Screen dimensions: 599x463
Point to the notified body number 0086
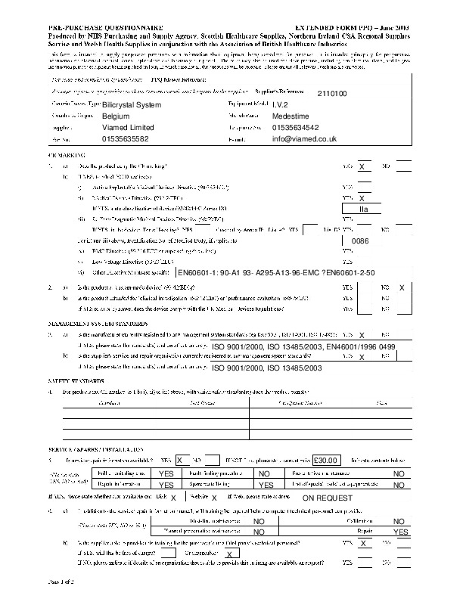361,240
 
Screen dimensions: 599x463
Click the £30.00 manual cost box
328,460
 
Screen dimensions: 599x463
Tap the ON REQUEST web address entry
328,498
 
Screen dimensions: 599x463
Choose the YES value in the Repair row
400,532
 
